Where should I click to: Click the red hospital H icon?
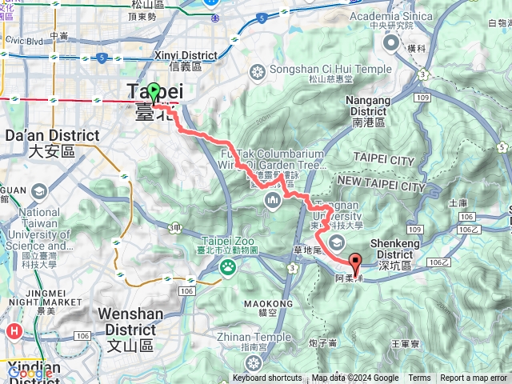tap(14, 330)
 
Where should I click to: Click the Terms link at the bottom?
tap(419, 378)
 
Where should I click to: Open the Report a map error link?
tap(474, 378)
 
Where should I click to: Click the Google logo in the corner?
tap(30, 372)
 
